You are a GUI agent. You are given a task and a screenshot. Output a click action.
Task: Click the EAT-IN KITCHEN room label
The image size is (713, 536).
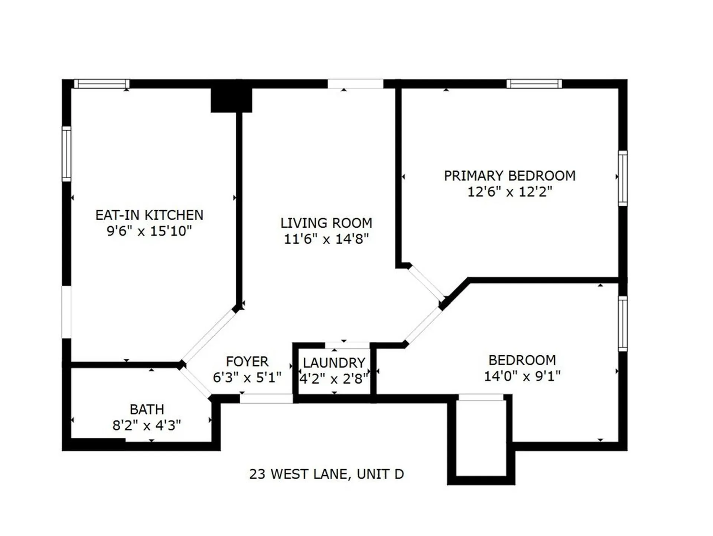pyautogui.click(x=149, y=215)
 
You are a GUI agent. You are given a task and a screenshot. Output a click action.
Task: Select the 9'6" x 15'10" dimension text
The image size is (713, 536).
pyautogui.click(x=149, y=231)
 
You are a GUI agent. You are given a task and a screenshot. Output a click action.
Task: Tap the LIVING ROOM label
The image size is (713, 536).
pyautogui.click(x=326, y=223)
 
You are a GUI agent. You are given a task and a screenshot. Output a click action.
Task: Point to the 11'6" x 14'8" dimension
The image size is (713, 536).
pyautogui.click(x=326, y=239)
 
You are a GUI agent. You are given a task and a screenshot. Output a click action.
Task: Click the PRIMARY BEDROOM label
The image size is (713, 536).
pyautogui.click(x=509, y=176)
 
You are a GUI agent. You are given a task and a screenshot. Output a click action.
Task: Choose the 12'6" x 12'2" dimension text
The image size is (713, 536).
pyautogui.click(x=509, y=192)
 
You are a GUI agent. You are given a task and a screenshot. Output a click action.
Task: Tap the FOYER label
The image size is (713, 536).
pyautogui.click(x=247, y=362)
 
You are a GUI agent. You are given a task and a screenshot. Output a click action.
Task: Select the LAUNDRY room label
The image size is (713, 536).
pyautogui.click(x=334, y=363)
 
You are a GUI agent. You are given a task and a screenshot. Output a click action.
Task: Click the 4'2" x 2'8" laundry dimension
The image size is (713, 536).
pyautogui.click(x=334, y=379)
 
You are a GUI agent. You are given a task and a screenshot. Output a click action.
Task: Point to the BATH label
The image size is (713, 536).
pyautogui.click(x=147, y=409)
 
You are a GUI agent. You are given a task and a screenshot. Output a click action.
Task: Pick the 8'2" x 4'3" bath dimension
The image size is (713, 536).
pyautogui.click(x=147, y=425)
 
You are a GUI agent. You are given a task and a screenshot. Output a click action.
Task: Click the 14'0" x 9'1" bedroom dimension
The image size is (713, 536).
pyautogui.click(x=522, y=376)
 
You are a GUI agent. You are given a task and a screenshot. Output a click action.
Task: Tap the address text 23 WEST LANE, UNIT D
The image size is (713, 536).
pyautogui.click(x=326, y=474)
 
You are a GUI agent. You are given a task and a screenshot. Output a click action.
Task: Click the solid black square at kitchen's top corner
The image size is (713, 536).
pyautogui.click(x=231, y=99)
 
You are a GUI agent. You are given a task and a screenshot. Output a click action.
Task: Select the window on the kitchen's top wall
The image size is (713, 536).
pyautogui.click(x=102, y=84)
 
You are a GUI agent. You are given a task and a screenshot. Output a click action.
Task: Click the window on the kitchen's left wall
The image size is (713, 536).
pyautogui.click(x=66, y=154)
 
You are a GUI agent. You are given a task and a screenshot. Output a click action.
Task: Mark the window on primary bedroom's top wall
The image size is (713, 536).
pyautogui.click(x=534, y=84)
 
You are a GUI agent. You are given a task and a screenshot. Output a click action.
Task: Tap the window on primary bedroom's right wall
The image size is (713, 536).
pyautogui.click(x=623, y=178)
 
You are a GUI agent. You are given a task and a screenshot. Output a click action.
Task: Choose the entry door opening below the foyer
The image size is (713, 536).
pyautogui.click(x=266, y=399)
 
